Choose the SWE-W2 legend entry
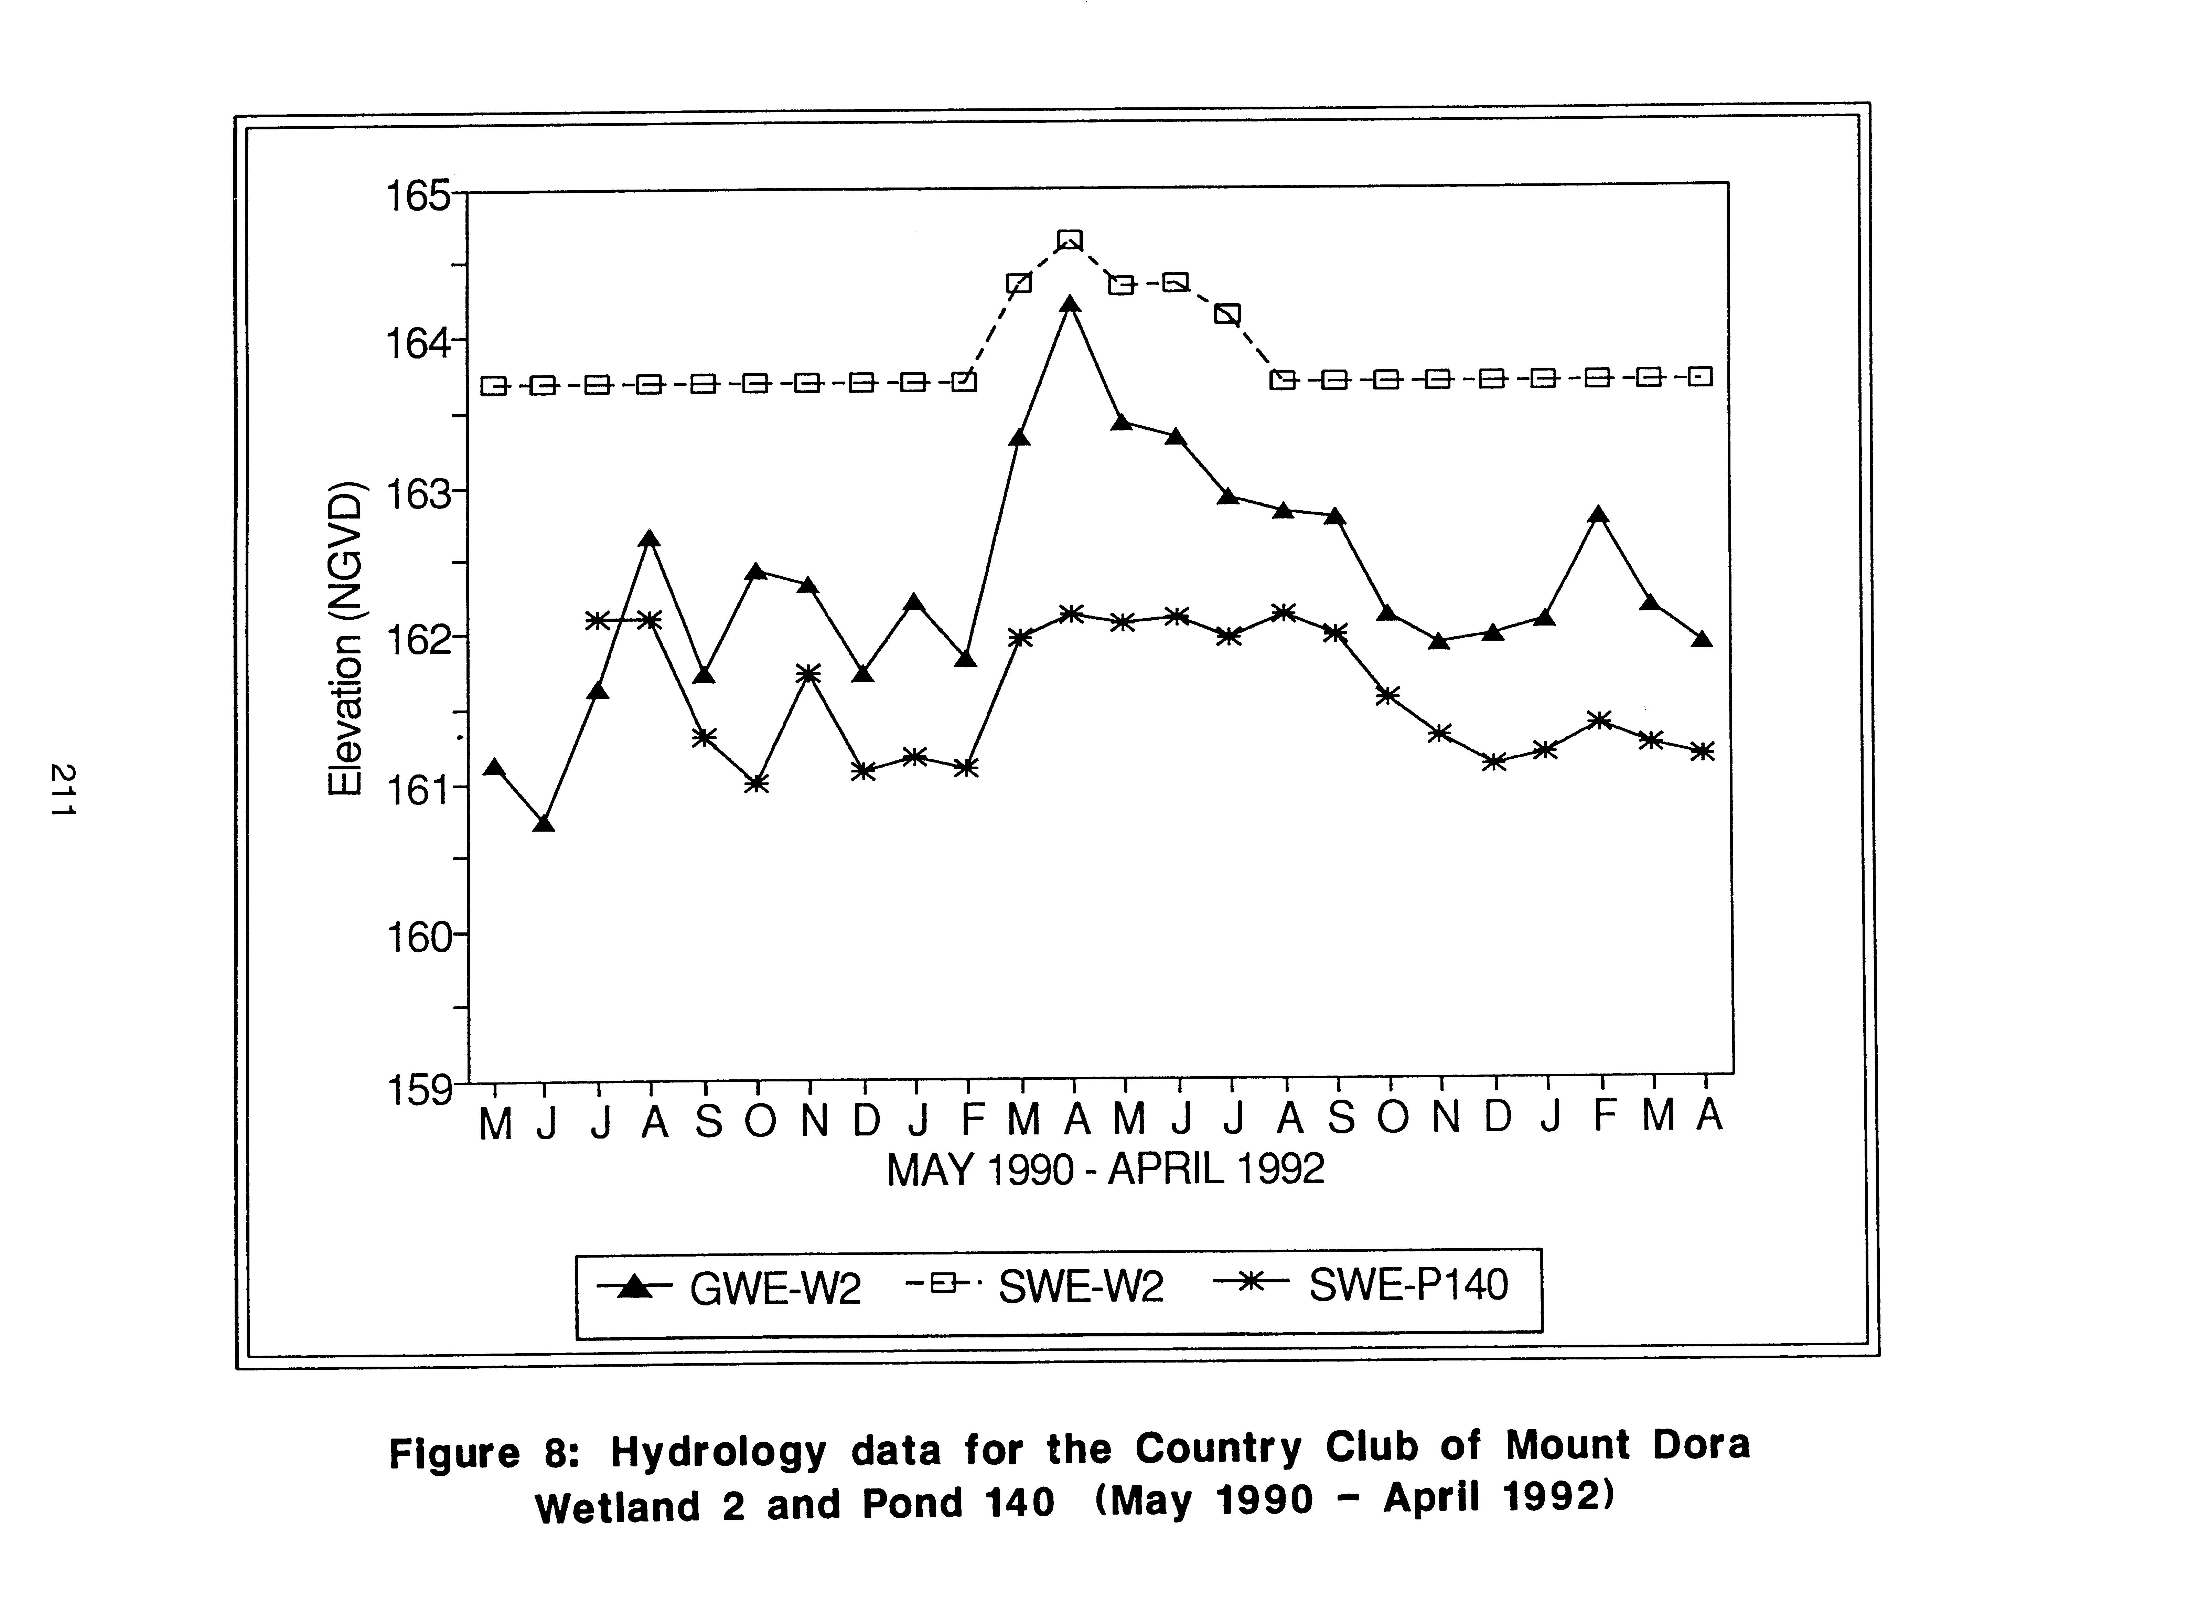(x=1035, y=1287)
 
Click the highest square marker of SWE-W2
(x=1070, y=240)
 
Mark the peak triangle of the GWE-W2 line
(x=1070, y=305)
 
